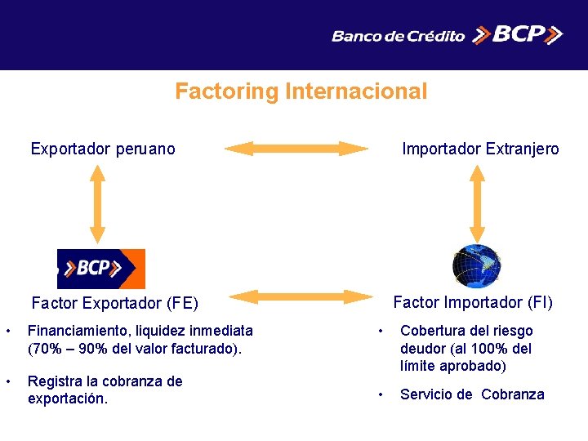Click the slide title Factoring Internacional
pos(301,91)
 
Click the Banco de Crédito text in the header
pos(398,36)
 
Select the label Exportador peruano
pos(103,149)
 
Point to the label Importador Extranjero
pos(480,149)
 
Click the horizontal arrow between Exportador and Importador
pos(296,149)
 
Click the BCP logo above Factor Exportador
pos(101,269)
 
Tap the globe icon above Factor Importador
pos(477,266)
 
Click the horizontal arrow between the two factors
pos(296,296)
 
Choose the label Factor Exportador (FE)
pos(114,304)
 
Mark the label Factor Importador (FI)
pos(473,302)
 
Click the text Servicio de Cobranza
pos(472,394)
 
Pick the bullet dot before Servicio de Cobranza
pos(379,394)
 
